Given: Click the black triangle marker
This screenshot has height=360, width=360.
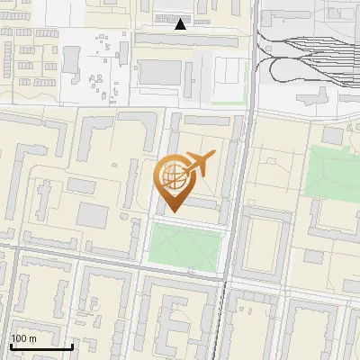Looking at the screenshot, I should click(x=181, y=25).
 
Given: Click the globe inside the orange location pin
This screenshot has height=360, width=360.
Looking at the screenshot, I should click(x=173, y=177).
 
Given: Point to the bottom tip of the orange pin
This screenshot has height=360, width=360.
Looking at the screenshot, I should click(x=173, y=211).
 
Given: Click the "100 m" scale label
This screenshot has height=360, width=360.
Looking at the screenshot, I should click(x=23, y=338).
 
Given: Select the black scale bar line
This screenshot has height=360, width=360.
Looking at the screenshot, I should click(x=41, y=346).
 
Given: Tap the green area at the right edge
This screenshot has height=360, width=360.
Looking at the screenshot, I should click(x=332, y=171).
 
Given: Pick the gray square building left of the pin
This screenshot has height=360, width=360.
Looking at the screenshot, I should click(x=93, y=215).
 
